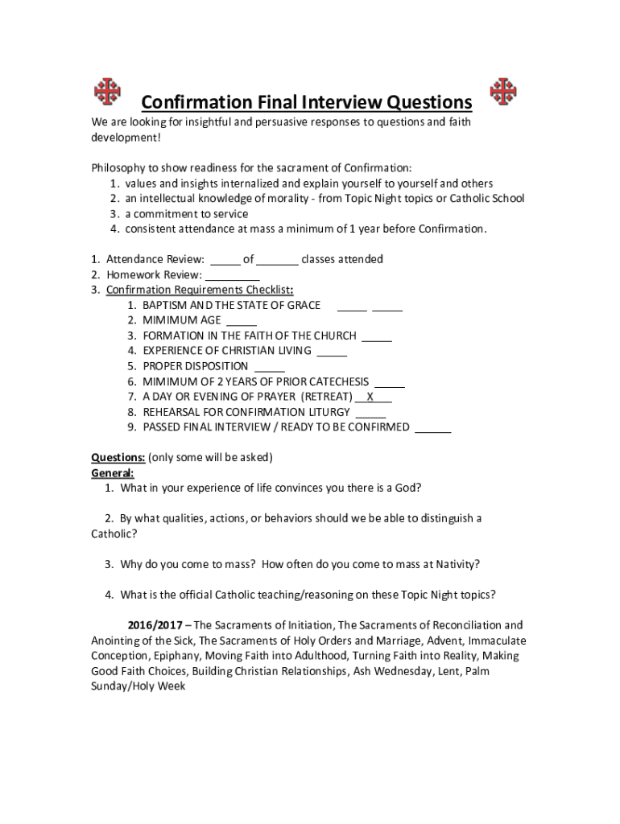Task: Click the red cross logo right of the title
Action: pyautogui.click(x=504, y=92)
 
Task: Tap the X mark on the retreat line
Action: pyautogui.click(x=370, y=397)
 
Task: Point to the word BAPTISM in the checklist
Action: pyautogui.click(x=165, y=305)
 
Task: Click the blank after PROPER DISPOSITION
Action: pyautogui.click(x=269, y=366)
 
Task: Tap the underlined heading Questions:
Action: pyautogui.click(x=118, y=458)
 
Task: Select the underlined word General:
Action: pyautogui.click(x=113, y=473)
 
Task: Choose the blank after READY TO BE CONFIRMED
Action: pyautogui.click(x=432, y=427)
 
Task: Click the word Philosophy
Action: pyautogui.click(x=118, y=168)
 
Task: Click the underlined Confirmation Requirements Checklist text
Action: pyautogui.click(x=198, y=290)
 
